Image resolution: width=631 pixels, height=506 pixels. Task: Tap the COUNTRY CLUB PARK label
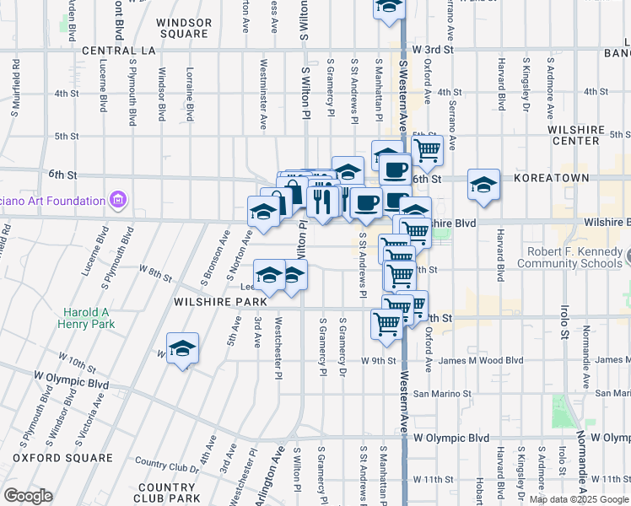tap(166, 493)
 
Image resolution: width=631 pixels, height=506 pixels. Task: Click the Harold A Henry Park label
tap(85, 316)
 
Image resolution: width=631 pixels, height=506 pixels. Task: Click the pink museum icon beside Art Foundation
tap(117, 201)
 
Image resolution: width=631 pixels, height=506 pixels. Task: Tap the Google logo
tap(28, 496)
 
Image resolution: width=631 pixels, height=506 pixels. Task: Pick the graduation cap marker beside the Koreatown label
tap(483, 185)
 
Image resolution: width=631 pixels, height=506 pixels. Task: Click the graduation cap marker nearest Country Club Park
tap(182, 348)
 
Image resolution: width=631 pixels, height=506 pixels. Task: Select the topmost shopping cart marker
tap(428, 150)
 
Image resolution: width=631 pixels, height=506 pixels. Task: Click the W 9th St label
tap(378, 361)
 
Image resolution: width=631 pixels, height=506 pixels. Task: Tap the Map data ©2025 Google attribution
tap(579, 499)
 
